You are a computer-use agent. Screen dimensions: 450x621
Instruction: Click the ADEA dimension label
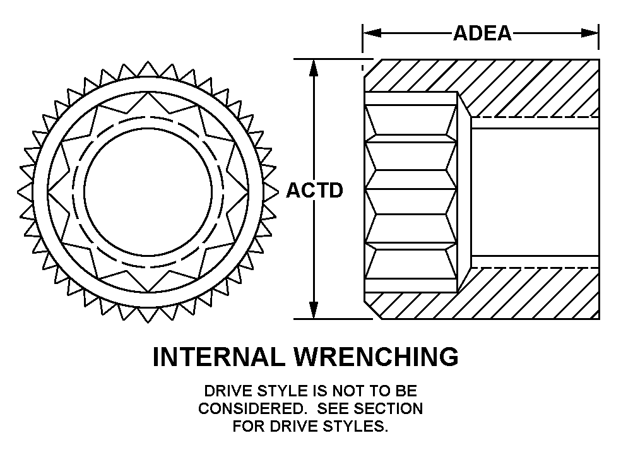pos(482,32)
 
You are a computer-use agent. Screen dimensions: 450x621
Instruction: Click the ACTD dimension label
pos(315,190)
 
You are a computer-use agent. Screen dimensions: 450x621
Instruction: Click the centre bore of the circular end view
pos(148,190)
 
